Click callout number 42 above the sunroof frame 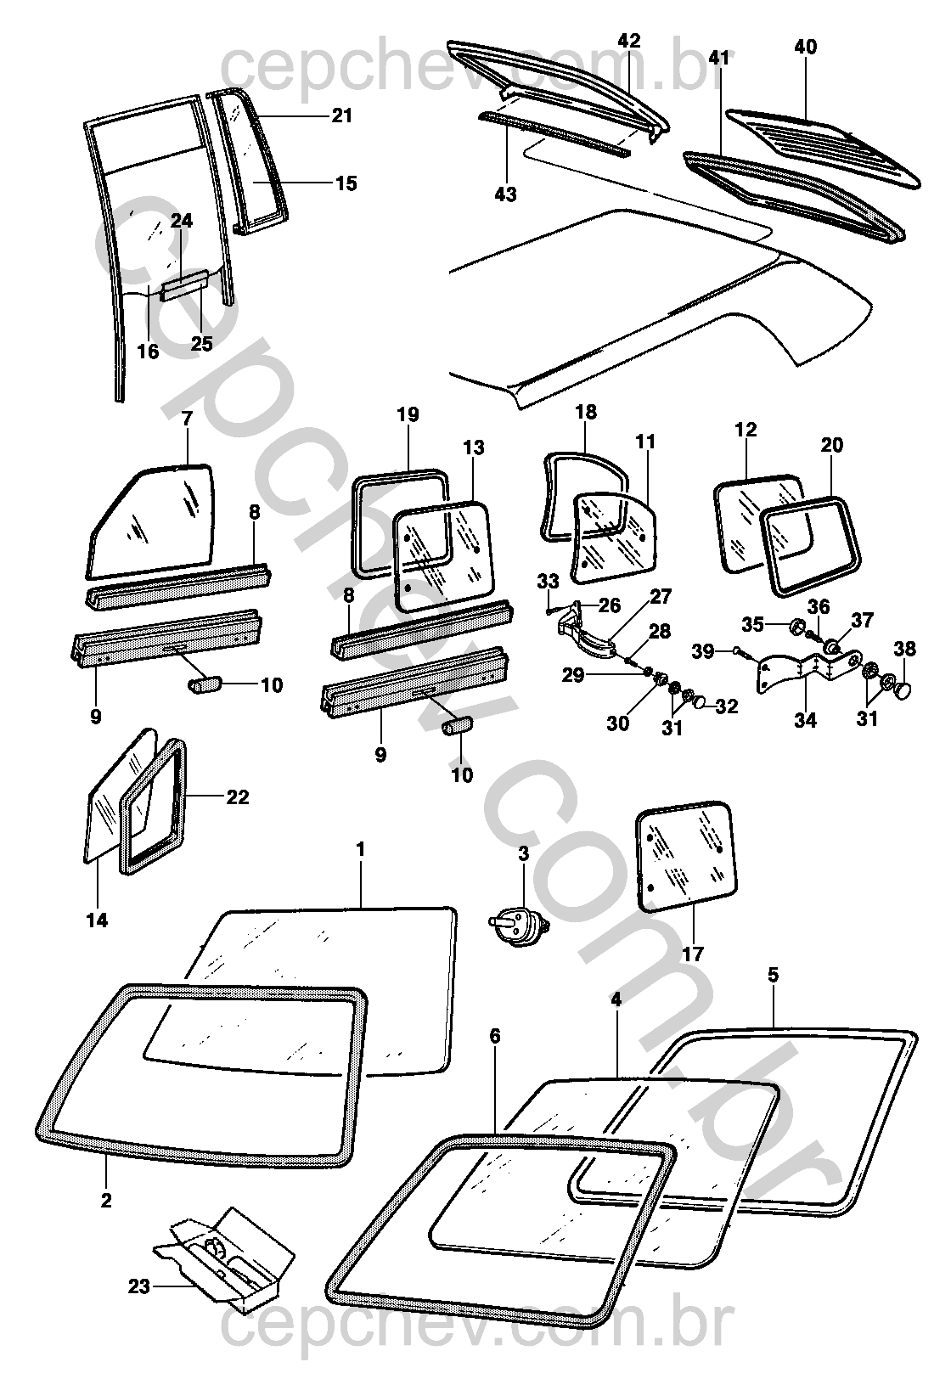[629, 40]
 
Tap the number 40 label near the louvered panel [805, 48]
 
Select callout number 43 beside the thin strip [505, 194]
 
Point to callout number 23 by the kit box [140, 1287]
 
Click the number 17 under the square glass [693, 954]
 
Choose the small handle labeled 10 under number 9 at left [205, 684]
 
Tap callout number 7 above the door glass [187, 418]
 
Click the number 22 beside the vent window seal [237, 796]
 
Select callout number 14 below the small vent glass [98, 920]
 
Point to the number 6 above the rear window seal [495, 1036]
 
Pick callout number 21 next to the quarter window [341, 115]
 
